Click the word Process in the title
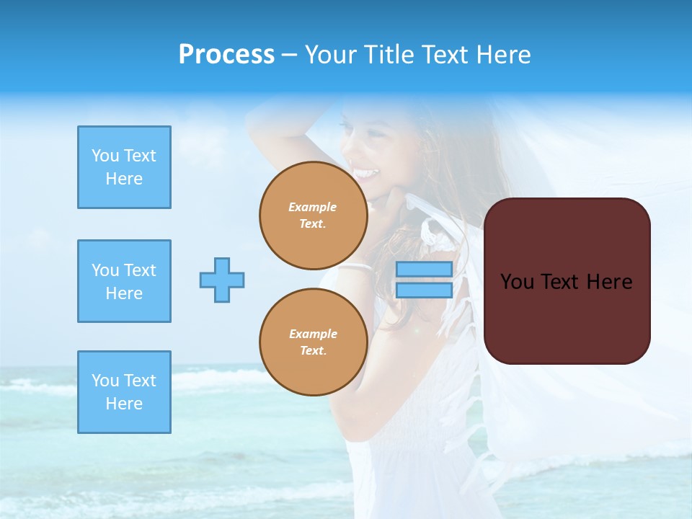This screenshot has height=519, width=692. [x=226, y=55]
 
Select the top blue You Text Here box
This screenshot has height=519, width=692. [x=124, y=167]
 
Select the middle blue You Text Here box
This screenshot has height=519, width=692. [x=124, y=281]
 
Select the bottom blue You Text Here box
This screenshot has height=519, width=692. [x=124, y=392]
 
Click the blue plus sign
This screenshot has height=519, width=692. [x=222, y=280]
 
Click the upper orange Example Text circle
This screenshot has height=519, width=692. [x=313, y=215]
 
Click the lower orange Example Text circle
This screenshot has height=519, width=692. [x=313, y=342]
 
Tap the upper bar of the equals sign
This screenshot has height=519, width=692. [x=424, y=270]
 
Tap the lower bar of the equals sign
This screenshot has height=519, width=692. [x=424, y=290]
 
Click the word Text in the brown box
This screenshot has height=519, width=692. [x=562, y=282]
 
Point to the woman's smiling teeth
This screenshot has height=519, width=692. [x=366, y=174]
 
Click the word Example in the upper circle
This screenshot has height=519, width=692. [x=313, y=207]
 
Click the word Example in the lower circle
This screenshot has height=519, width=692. [x=313, y=334]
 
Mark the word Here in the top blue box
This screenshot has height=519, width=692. [x=124, y=179]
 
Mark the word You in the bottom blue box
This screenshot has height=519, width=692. [x=104, y=381]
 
